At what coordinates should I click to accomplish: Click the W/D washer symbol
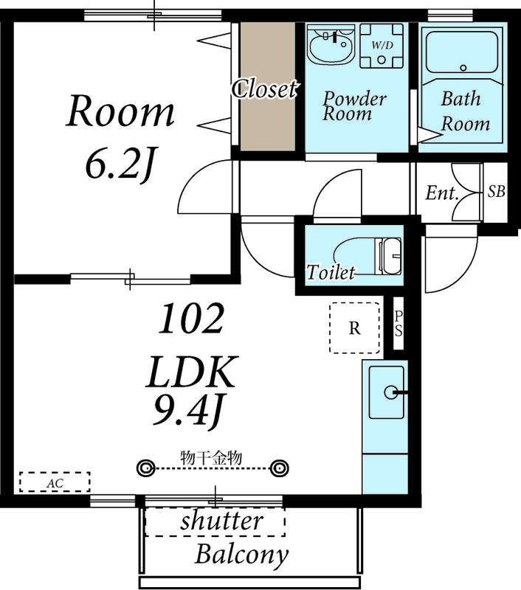tap(382, 46)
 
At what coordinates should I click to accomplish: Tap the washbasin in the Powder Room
tap(331, 44)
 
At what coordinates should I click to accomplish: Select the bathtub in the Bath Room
tap(463, 52)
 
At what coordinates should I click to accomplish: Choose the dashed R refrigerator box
tap(354, 327)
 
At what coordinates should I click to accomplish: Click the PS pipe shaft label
tap(398, 324)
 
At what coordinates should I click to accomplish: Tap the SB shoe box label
tap(496, 192)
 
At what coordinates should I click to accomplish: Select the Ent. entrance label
tap(442, 193)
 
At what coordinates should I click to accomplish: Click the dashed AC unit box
tap(55, 482)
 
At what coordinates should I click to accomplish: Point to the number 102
tap(191, 319)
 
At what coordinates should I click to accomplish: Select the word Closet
tap(265, 89)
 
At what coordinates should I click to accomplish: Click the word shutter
tap(221, 521)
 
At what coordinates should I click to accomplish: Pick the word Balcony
tap(241, 555)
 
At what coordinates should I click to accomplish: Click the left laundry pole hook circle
tap(145, 468)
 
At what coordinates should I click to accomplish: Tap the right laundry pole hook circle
tap(279, 468)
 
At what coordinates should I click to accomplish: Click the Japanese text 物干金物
tap(211, 458)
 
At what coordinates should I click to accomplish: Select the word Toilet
tap(331, 272)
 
